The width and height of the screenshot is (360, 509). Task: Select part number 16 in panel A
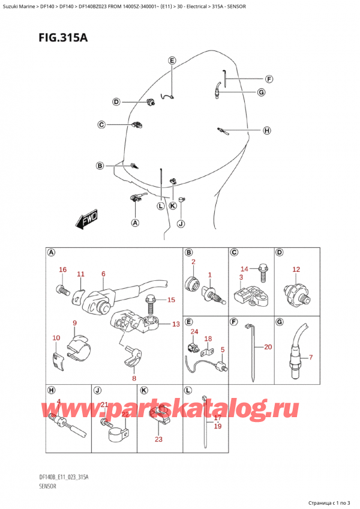click(x=62, y=270)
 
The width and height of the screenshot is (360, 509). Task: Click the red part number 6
click(x=103, y=274)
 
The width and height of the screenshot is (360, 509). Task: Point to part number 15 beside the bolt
click(x=171, y=300)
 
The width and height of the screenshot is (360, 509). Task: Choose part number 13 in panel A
click(x=175, y=325)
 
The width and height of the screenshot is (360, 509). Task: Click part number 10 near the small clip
click(x=56, y=339)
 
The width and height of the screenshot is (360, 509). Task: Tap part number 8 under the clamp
click(x=134, y=378)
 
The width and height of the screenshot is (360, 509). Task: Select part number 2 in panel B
click(x=193, y=262)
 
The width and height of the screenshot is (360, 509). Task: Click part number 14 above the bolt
click(x=244, y=268)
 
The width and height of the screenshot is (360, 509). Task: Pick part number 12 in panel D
click(x=295, y=270)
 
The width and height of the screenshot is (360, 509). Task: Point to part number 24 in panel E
click(x=194, y=332)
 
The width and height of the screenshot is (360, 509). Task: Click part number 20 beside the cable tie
click(x=267, y=347)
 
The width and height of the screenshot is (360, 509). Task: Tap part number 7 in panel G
click(x=310, y=358)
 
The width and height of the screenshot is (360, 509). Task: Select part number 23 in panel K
click(x=158, y=439)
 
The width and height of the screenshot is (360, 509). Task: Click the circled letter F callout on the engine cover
click(x=269, y=79)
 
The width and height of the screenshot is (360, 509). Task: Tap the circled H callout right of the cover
click(x=266, y=130)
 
